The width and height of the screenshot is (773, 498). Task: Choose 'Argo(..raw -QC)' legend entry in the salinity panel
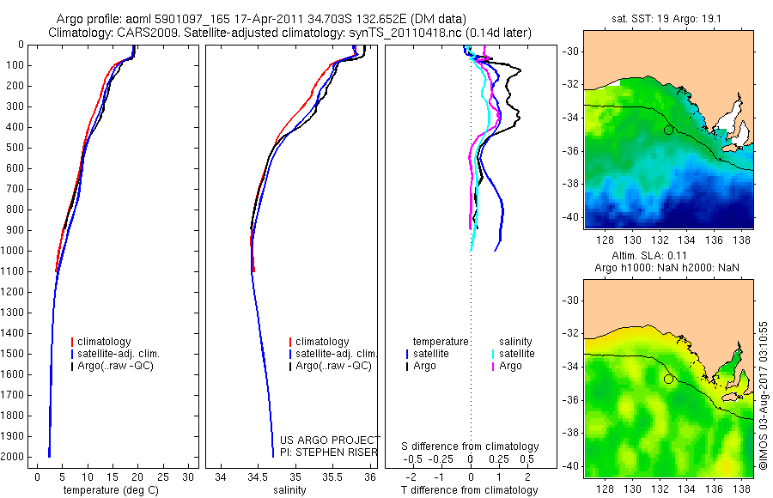pos(333,366)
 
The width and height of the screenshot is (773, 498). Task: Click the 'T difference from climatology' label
pos(470,490)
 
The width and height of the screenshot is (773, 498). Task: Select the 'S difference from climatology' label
pos(470,446)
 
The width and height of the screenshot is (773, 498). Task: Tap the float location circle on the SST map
pos(668,130)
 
